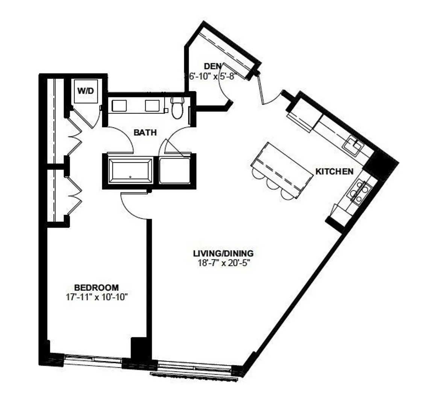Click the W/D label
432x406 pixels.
click(x=85, y=91)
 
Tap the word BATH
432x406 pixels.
click(x=145, y=132)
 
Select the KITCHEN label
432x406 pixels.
click(x=334, y=171)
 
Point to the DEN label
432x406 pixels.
click(x=213, y=66)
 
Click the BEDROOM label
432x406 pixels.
click(x=96, y=288)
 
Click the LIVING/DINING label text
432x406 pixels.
click(x=223, y=253)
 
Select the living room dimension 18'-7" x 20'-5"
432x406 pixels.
click(x=223, y=263)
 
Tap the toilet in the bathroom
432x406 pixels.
click(x=177, y=108)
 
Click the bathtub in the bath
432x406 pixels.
click(x=130, y=170)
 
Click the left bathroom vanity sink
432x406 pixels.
click(x=119, y=106)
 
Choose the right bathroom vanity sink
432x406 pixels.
click(x=152, y=106)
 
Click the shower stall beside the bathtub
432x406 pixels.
click(x=175, y=170)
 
